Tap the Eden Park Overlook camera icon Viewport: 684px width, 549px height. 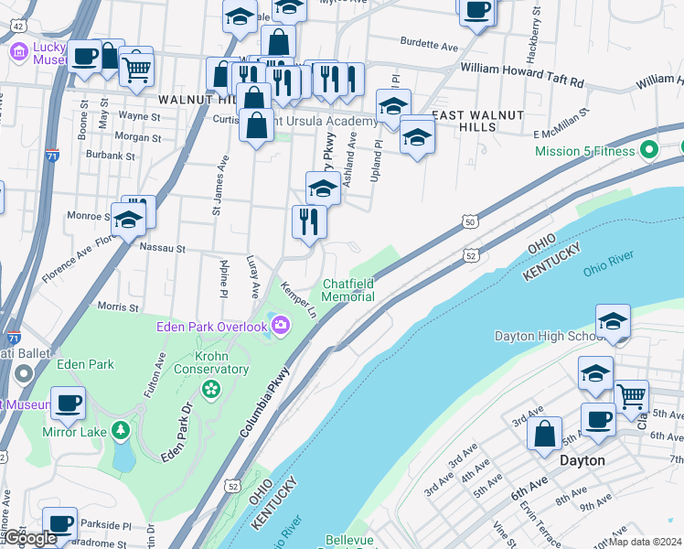pos(280,324)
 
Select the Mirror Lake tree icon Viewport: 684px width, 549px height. pos(120,430)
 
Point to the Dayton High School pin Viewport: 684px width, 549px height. pos(612,322)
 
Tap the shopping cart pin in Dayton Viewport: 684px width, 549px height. pos(631,398)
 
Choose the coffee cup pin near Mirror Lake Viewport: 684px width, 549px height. pos(67,404)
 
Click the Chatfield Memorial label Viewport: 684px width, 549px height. pos(347,290)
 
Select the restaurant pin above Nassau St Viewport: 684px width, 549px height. pos(309,222)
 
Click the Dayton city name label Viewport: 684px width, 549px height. pos(582,460)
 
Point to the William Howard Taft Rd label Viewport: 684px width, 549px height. pos(522,69)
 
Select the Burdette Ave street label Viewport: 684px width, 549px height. pos(429,44)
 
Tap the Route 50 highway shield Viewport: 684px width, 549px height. pos(469,221)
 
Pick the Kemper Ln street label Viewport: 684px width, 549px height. pos(298,300)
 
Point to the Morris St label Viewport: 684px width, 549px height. pos(117,308)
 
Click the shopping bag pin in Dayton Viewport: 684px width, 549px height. pos(544,434)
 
